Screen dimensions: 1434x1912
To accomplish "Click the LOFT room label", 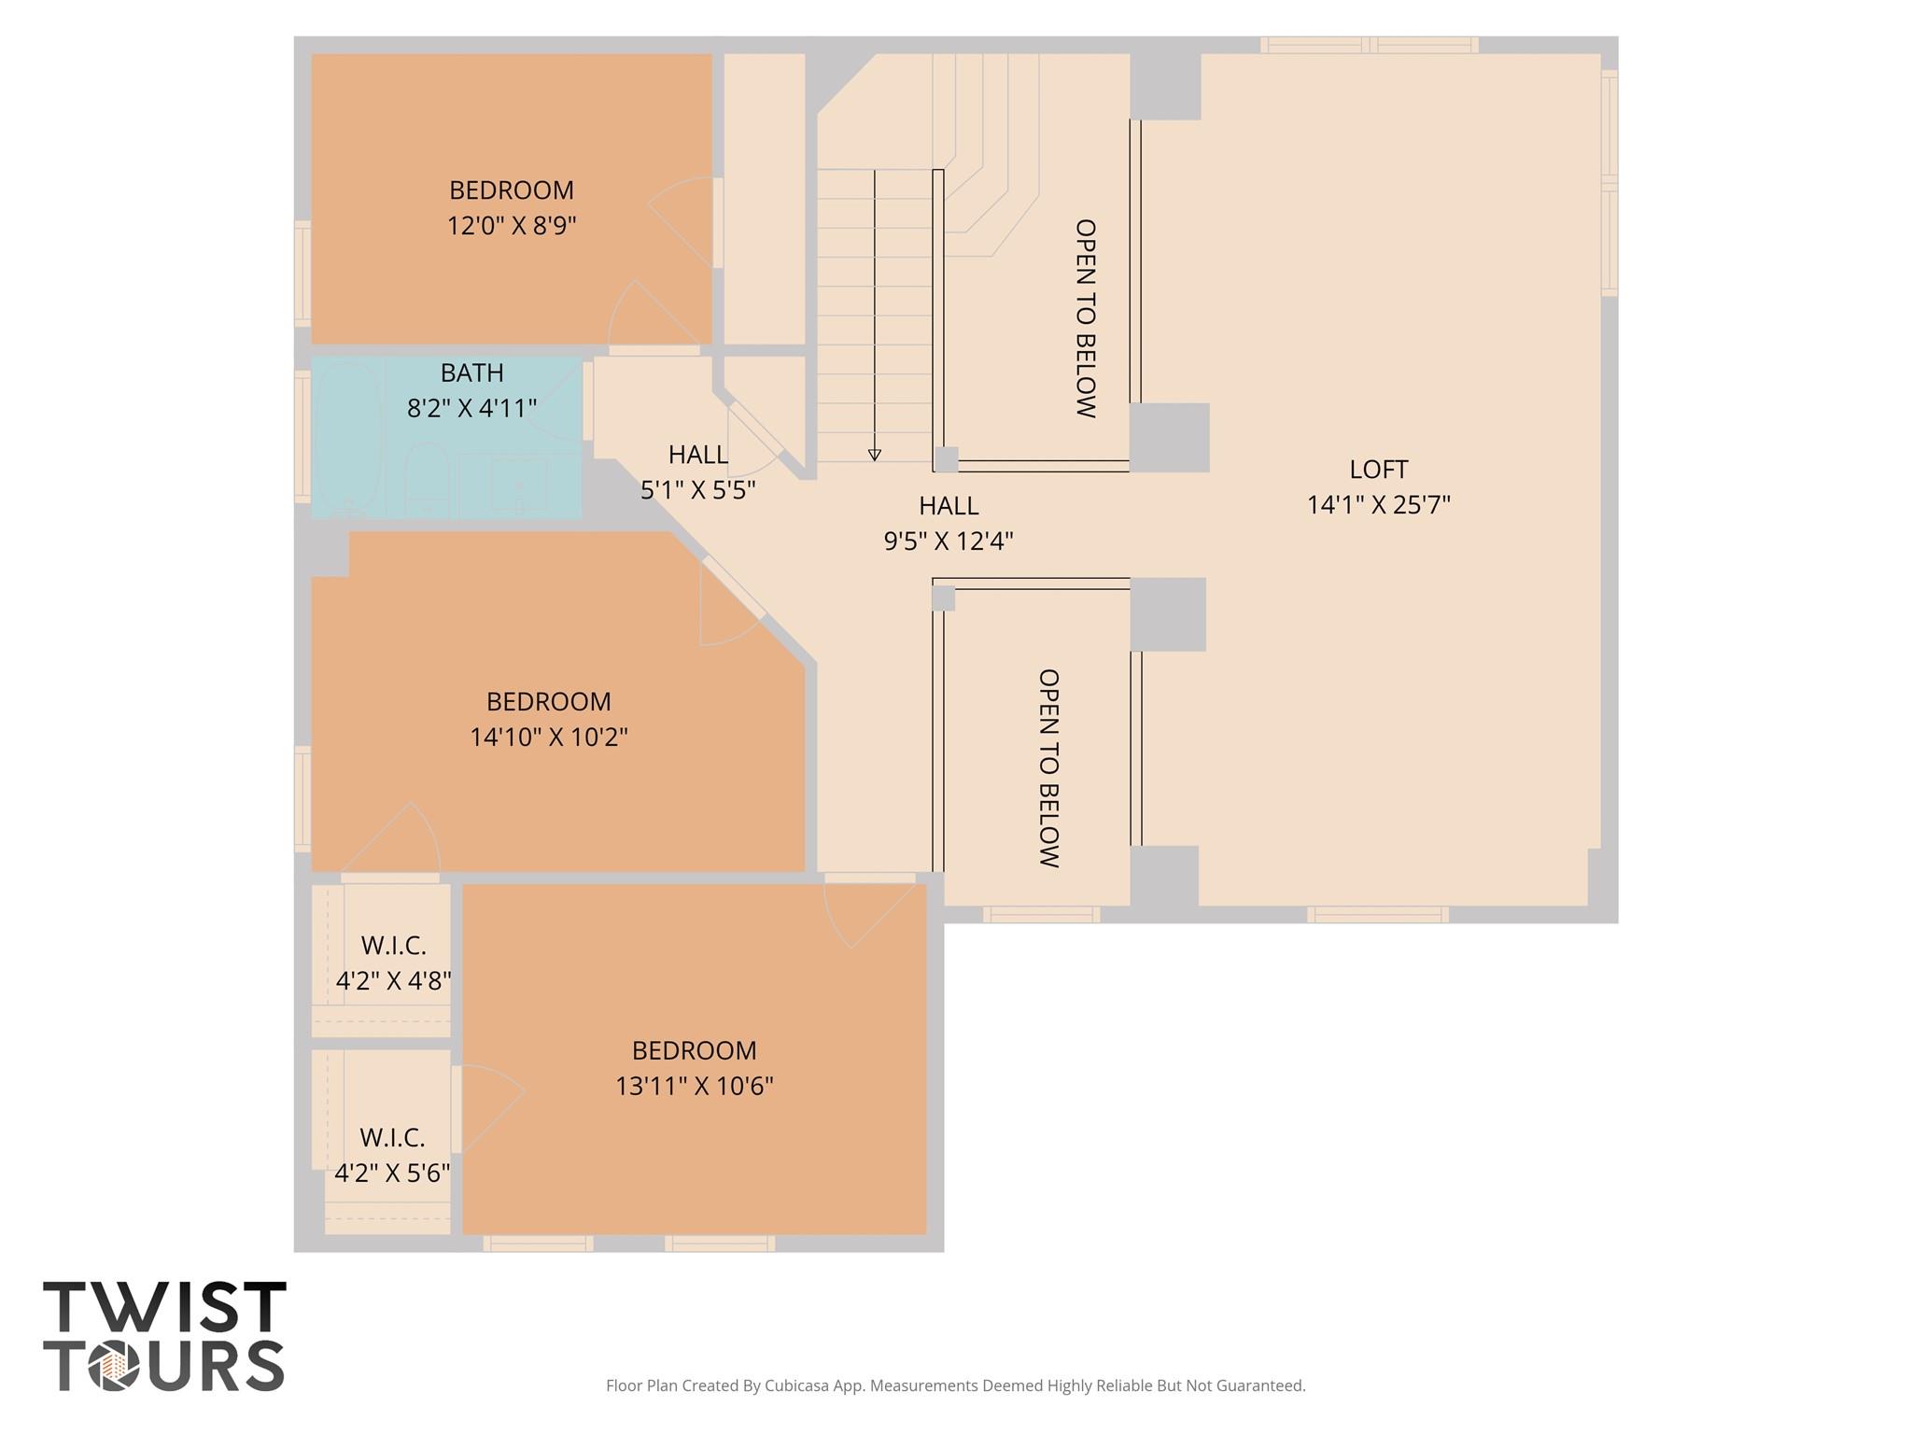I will [1378, 470].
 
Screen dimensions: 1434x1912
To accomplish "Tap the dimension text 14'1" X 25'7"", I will [1378, 505].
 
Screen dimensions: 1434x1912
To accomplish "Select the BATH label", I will [471, 373].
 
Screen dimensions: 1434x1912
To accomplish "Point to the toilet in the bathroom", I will [427, 478].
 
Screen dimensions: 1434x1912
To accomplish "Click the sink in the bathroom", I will [519, 484].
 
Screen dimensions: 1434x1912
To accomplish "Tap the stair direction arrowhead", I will [874, 455].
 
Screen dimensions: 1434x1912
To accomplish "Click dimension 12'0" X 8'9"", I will [512, 226].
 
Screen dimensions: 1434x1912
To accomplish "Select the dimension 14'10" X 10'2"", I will [548, 738].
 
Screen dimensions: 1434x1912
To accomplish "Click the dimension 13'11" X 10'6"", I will [694, 1087].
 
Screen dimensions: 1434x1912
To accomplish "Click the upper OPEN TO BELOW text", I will [1085, 318].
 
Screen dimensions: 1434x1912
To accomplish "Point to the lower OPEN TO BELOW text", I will [1048, 767].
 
